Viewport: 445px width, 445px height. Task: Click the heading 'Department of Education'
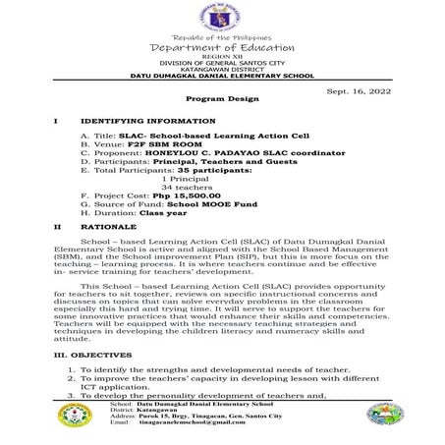[x=222, y=47]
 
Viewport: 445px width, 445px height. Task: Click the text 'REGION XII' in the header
[x=222, y=57]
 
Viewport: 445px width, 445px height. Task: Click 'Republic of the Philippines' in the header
[x=222, y=37]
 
